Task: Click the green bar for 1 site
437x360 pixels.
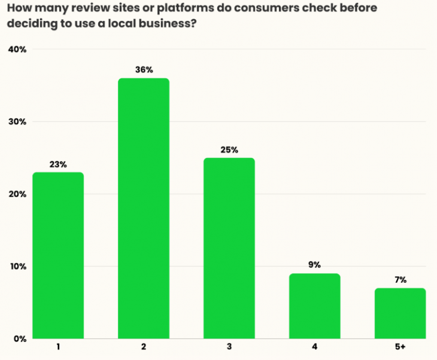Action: coord(58,255)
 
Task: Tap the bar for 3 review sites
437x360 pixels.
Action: coord(229,248)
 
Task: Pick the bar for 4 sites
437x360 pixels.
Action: coord(315,306)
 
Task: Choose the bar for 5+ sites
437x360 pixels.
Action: coord(400,313)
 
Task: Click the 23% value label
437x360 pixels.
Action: coord(58,164)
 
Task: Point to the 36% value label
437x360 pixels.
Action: coord(144,69)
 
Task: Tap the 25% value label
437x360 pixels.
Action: coord(229,150)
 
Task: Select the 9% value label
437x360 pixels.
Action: coord(315,265)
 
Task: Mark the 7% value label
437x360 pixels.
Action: coord(400,279)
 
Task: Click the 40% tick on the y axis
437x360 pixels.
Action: coord(17,49)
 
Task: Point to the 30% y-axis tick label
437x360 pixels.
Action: coord(17,121)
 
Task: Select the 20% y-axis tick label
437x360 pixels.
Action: coord(17,194)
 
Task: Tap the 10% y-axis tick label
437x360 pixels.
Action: coord(17,266)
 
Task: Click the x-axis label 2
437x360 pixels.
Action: coord(144,347)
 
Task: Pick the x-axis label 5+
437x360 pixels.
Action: coord(400,347)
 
